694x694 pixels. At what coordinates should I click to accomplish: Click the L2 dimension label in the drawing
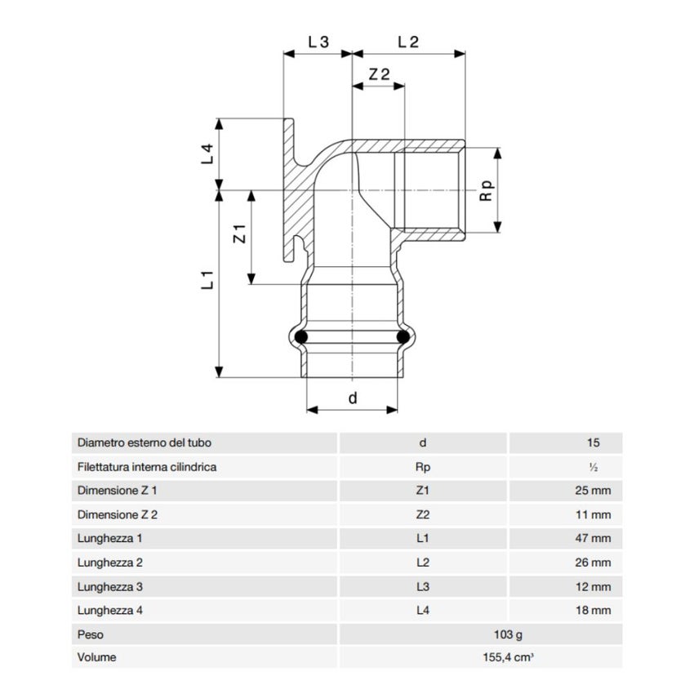(407, 42)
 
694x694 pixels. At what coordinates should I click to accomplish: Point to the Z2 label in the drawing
(380, 73)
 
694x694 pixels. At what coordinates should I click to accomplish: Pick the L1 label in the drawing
(207, 279)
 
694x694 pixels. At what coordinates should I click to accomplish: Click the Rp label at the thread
(487, 192)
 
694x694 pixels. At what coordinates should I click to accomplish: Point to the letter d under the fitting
(353, 398)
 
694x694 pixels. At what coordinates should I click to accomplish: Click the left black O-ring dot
(302, 336)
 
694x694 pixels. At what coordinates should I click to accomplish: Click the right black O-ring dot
(403, 336)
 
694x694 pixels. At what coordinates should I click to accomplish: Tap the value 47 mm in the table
(593, 539)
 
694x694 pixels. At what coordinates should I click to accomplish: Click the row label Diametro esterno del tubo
(145, 443)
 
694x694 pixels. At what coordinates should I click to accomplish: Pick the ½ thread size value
(594, 468)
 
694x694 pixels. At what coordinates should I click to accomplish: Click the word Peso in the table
(91, 634)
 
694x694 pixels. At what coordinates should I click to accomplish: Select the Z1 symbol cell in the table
(422, 492)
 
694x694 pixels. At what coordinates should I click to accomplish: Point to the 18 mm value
(593, 610)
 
